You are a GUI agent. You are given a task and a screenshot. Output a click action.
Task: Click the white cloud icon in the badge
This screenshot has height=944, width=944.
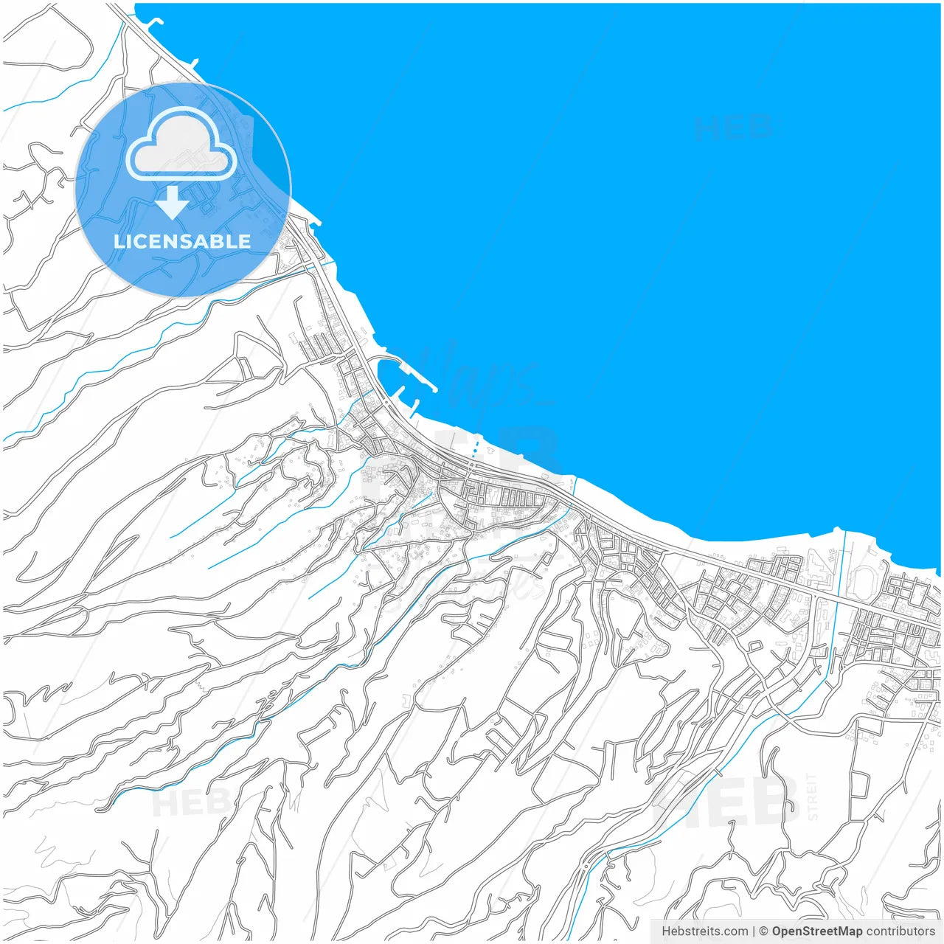(181, 144)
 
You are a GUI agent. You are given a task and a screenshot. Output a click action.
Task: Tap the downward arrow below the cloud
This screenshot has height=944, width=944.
(172, 203)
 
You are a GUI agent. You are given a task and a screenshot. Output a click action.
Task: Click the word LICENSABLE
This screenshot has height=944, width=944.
(182, 241)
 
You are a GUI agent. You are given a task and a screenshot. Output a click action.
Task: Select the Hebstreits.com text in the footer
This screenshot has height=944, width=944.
(704, 931)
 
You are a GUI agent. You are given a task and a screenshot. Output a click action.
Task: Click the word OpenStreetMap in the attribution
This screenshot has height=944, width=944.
(817, 931)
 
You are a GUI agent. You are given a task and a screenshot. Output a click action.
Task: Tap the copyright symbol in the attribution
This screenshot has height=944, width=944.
(763, 931)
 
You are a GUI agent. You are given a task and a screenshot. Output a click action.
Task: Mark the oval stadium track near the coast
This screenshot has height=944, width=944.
(861, 583)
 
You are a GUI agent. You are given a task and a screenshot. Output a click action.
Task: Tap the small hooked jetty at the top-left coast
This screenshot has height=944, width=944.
(154, 21)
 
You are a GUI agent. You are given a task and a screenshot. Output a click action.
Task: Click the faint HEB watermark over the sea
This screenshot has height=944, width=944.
(732, 128)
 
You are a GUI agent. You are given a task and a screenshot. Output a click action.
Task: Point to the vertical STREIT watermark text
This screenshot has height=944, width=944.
(813, 796)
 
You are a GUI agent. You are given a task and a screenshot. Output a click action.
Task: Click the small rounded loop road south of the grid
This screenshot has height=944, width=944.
(754, 647)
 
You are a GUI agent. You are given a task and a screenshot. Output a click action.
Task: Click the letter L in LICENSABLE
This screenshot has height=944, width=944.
(118, 241)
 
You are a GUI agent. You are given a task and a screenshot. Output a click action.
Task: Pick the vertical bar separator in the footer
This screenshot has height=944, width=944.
(754, 931)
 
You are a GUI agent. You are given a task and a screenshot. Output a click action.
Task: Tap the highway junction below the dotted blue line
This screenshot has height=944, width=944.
(471, 466)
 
